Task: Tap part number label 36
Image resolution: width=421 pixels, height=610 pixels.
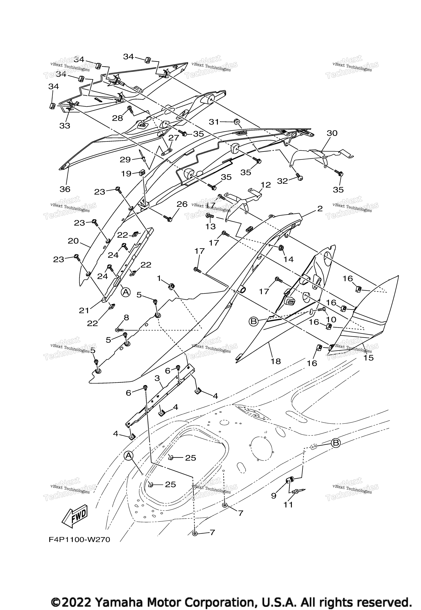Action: [x=65, y=189]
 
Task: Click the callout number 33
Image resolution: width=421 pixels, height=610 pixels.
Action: [x=65, y=126]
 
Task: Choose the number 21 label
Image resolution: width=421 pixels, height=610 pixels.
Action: [x=84, y=310]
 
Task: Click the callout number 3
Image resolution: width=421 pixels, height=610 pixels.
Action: [x=157, y=378]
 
